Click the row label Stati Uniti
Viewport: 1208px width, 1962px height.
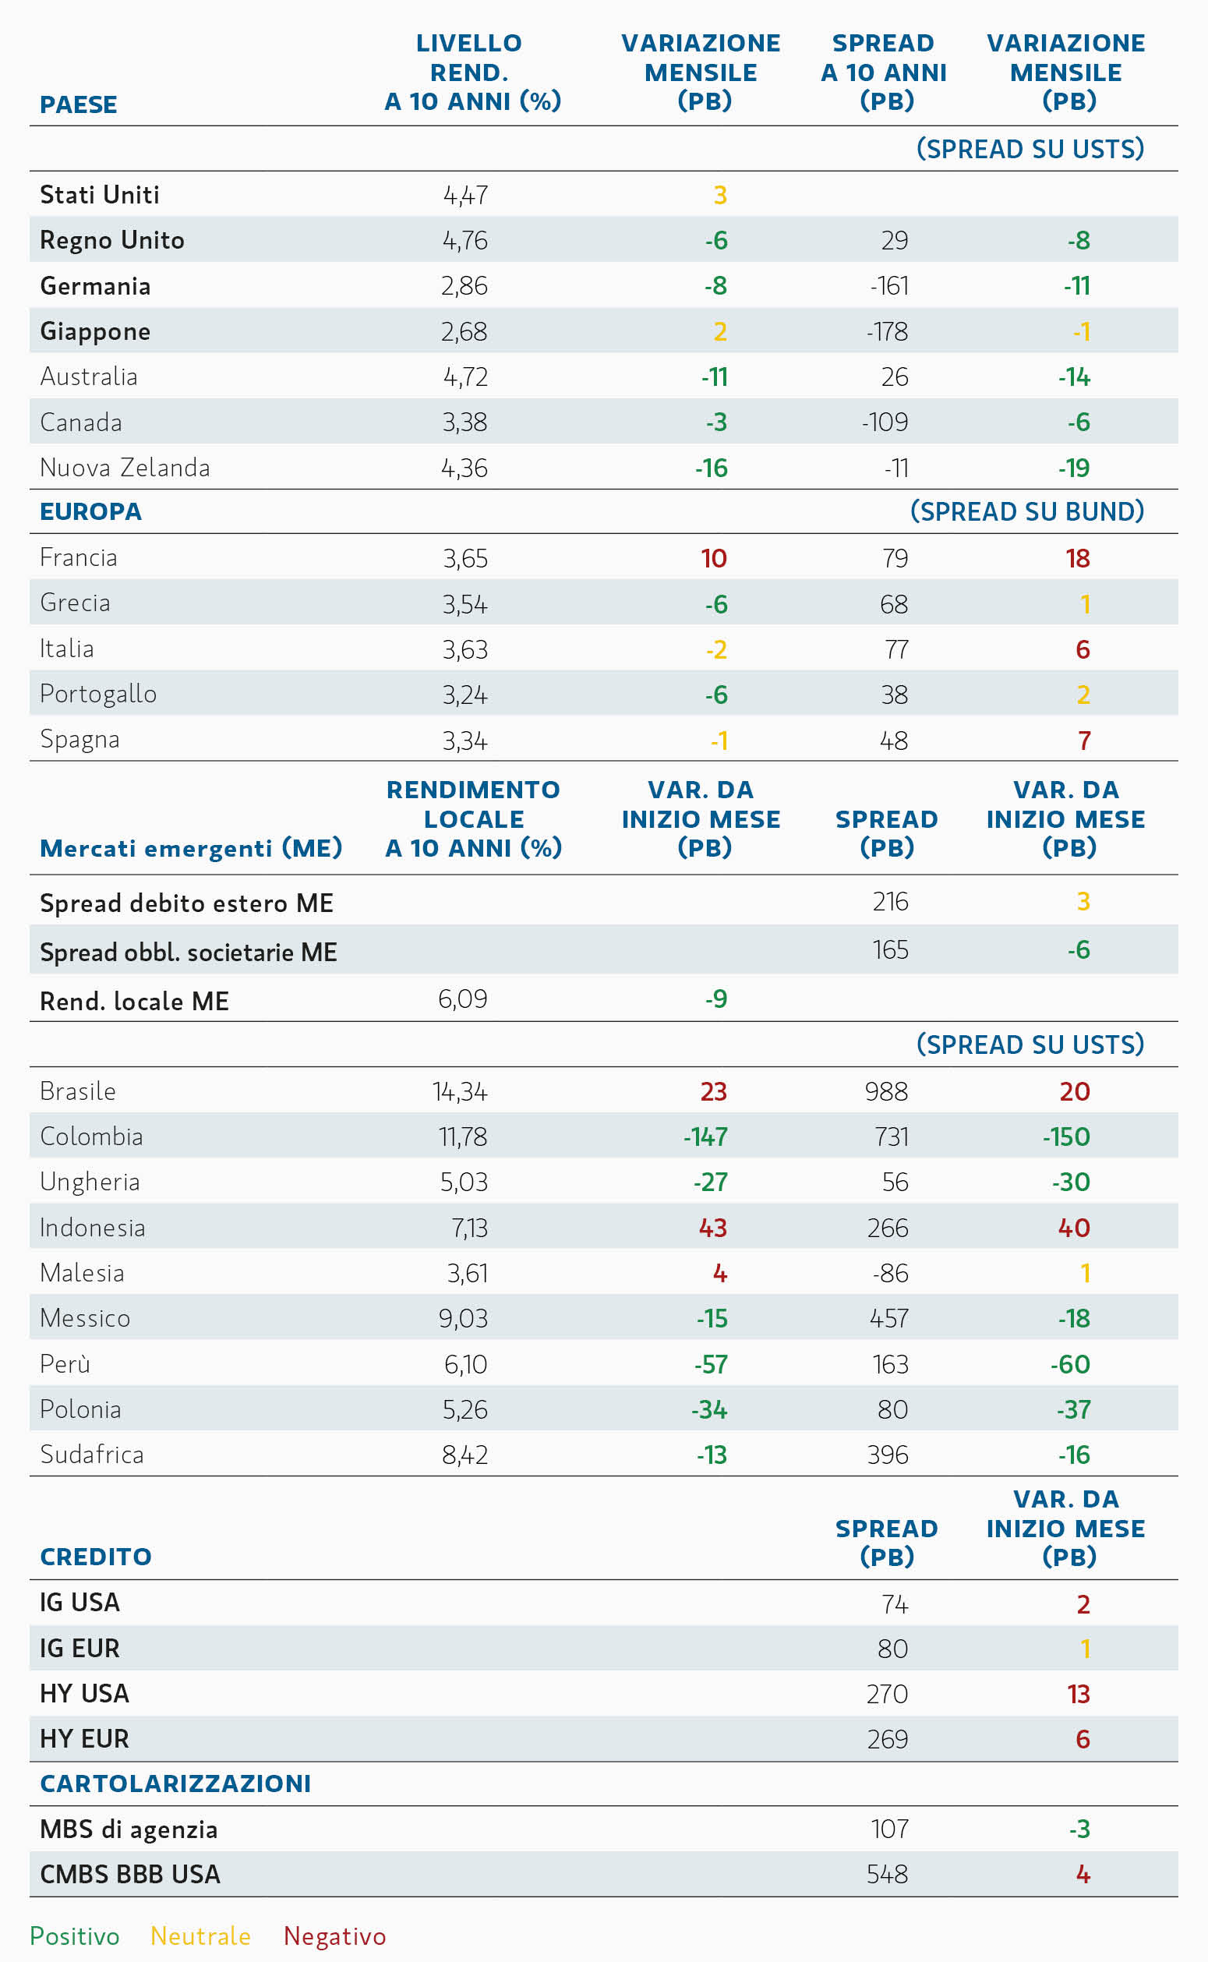click(x=100, y=194)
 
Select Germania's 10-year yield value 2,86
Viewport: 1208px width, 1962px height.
click(x=464, y=285)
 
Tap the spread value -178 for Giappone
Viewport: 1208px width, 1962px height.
click(x=887, y=331)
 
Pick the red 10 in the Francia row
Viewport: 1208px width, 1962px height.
click(x=713, y=557)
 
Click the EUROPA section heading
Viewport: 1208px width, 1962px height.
click(x=91, y=511)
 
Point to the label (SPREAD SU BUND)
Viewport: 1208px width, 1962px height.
click(x=1027, y=511)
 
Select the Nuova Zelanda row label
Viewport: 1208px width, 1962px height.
click(x=125, y=468)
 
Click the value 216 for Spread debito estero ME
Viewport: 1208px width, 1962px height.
click(x=890, y=901)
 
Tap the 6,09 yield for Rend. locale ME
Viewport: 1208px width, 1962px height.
click(x=463, y=999)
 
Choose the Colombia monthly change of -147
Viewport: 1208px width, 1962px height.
click(x=705, y=1136)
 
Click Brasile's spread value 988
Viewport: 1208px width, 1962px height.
click(x=887, y=1091)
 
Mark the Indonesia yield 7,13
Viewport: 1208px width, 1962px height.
click(x=470, y=1227)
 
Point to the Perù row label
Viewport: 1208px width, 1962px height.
click(x=65, y=1363)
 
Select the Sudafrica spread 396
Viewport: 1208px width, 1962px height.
click(x=888, y=1454)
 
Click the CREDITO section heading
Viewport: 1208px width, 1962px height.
click(x=96, y=1556)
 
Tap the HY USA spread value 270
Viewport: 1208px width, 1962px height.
click(x=888, y=1694)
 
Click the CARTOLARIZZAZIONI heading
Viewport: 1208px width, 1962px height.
click(x=176, y=1783)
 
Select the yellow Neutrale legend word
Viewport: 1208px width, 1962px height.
click(x=200, y=1935)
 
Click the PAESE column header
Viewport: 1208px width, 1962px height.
click(x=78, y=104)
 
